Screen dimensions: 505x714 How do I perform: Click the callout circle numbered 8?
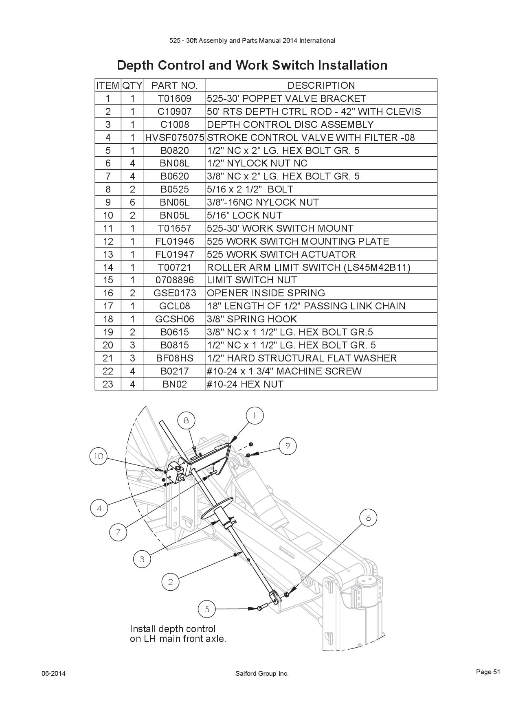tap(186, 420)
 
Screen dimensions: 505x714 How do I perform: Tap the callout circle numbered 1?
tap(255, 416)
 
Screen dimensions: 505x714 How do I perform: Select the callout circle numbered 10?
tap(98, 456)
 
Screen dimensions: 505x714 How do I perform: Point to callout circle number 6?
tap(369, 517)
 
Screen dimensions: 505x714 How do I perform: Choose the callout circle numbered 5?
tap(207, 609)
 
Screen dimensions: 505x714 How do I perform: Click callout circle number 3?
tap(142, 559)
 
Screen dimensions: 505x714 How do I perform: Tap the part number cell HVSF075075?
tap(175, 137)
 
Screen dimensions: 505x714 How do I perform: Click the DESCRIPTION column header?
tap(321, 85)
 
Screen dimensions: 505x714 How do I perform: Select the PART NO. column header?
tap(175, 85)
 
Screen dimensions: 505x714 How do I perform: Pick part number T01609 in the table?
tap(175, 98)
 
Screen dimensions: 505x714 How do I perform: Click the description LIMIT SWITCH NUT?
tap(252, 280)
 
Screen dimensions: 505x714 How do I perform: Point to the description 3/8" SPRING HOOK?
tap(252, 319)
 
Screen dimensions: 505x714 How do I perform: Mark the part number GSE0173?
tap(175, 293)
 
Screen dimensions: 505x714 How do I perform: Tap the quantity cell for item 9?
tap(132, 202)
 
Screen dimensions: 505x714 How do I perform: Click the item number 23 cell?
tap(108, 384)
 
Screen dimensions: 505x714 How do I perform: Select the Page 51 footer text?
tap(488, 672)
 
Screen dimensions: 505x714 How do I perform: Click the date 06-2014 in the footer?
tap(53, 674)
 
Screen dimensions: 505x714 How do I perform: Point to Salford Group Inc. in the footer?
tap(262, 674)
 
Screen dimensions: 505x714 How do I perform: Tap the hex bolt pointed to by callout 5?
tap(261, 608)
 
